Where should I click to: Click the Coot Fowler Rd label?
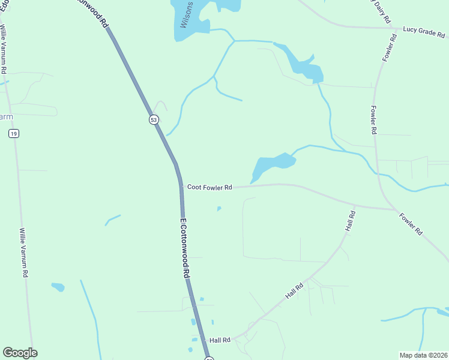tap(209, 187)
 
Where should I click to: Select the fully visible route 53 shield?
tap(154, 120)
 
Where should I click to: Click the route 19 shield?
tap(13, 134)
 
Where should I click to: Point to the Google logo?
tap(20, 353)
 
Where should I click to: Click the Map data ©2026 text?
tap(423, 355)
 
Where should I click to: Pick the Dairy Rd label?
tap(380, 11)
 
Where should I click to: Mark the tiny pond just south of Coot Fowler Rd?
tap(219, 209)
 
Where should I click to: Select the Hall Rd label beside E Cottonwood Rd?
tap(220, 340)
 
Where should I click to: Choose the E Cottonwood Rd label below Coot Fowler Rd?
tap(185, 247)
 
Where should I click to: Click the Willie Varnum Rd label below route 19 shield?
tap(24, 252)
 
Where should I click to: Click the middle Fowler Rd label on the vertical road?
tap(373, 119)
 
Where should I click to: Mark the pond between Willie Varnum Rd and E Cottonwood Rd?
tap(58, 287)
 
